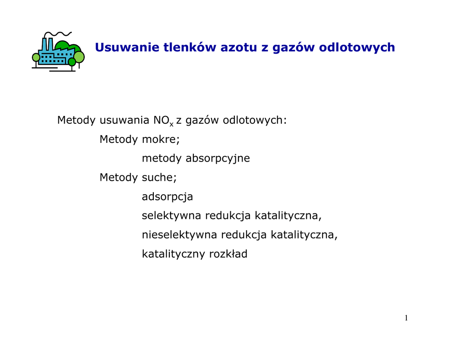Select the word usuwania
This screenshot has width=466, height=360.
(x=124, y=120)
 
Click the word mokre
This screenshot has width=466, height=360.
(x=161, y=139)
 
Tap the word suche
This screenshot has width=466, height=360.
(x=159, y=177)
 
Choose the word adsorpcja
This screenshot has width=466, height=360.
(x=167, y=197)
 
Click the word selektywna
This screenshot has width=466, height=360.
(x=171, y=216)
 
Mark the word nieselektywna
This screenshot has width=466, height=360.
(x=179, y=234)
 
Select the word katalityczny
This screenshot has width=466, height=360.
(x=173, y=254)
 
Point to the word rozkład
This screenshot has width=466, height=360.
(x=228, y=254)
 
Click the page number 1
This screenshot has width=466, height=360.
(x=406, y=318)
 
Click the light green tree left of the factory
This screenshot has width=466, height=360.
(x=35, y=57)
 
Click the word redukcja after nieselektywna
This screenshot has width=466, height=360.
(x=244, y=235)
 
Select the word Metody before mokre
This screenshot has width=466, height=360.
(x=118, y=139)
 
